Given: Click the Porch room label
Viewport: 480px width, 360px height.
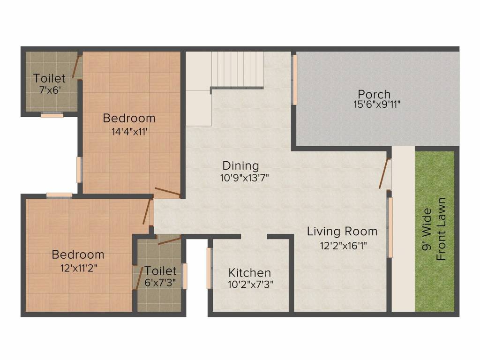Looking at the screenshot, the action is click(x=374, y=94).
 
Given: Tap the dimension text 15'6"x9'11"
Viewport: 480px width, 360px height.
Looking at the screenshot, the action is click(x=377, y=105).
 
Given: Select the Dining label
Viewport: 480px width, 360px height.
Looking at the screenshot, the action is click(x=240, y=165).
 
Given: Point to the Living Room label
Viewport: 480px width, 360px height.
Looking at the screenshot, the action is click(x=342, y=231).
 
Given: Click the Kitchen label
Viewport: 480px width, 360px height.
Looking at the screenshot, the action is click(x=249, y=272).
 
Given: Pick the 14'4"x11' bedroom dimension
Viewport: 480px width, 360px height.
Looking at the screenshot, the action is click(x=129, y=132).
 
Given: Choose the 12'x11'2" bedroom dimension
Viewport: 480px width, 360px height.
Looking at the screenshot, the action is click(x=79, y=268).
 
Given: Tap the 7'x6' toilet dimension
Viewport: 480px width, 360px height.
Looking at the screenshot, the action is click(x=50, y=90).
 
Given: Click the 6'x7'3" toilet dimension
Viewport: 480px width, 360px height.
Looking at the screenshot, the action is click(x=160, y=282).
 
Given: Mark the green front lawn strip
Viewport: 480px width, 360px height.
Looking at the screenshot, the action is click(x=435, y=232).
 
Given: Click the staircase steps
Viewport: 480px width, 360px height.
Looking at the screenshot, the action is click(x=238, y=69).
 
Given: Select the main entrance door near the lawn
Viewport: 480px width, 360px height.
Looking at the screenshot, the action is click(x=384, y=173).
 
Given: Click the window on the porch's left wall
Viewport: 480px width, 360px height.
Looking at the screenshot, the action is click(x=294, y=80).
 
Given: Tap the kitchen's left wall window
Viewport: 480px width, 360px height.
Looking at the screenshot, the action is click(x=209, y=268).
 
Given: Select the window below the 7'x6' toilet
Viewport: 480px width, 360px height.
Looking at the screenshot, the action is click(x=52, y=115).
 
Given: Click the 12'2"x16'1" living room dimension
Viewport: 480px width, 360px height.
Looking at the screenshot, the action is click(x=344, y=246).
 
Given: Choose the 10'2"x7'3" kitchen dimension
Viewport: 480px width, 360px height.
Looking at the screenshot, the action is click(x=250, y=285).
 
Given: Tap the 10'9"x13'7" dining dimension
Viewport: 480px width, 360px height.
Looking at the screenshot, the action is click(x=244, y=178).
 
